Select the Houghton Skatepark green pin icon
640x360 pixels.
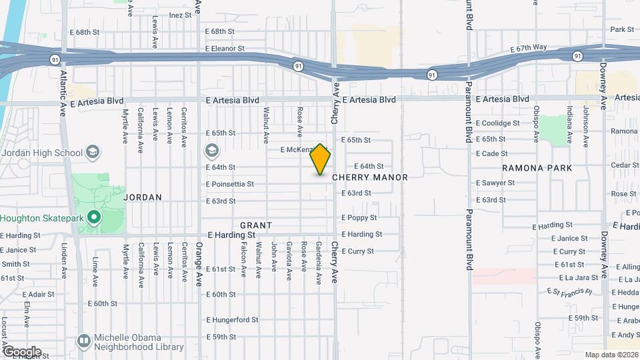pyautogui.click(x=94, y=217)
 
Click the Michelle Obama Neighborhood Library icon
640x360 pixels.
pyautogui.click(x=83, y=341)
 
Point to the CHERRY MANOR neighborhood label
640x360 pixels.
pyautogui.click(x=369, y=177)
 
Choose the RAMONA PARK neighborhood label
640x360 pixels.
pyautogui.click(x=537, y=168)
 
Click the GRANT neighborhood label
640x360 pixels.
pyautogui.click(x=255, y=226)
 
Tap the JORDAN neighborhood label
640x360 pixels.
pyautogui.click(x=143, y=197)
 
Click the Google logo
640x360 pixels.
pyautogui.click(x=21, y=351)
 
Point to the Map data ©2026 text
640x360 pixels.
pyautogui.click(x=611, y=355)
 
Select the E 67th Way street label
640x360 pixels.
pyautogui.click(x=528, y=48)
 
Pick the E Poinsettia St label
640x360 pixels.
pyautogui.click(x=230, y=184)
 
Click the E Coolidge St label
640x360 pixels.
pyautogui.click(x=497, y=123)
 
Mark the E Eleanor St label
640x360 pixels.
pyautogui.click(x=225, y=49)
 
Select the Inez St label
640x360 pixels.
pyautogui.click(x=180, y=15)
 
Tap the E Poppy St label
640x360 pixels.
pyautogui.click(x=359, y=218)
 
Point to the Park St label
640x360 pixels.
pyautogui.click(x=621, y=29)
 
